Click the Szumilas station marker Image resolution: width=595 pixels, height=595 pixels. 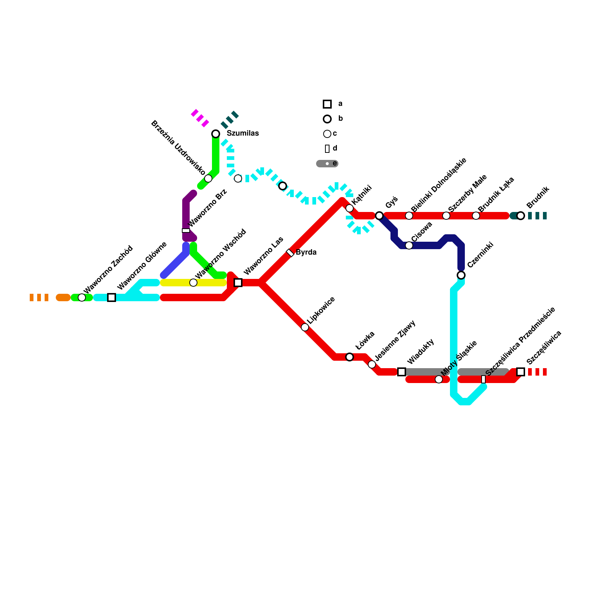tap(216, 134)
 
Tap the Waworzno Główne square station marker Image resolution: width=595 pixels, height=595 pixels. tap(112, 297)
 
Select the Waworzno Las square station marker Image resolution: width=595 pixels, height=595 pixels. tap(238, 283)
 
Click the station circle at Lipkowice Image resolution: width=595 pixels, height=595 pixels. tap(305, 327)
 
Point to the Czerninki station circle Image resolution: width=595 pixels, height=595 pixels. tap(461, 275)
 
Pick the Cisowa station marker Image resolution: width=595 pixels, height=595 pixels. tap(409, 245)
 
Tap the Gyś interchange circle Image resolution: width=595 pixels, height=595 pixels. tap(379, 216)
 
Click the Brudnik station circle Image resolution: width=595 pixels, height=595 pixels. tap(521, 216)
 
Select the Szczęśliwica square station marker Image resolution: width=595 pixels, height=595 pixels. tap(521, 372)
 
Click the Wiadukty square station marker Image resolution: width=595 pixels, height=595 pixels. tap(402, 372)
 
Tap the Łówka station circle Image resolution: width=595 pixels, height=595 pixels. tap(350, 357)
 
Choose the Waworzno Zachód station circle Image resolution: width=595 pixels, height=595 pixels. tap(82, 297)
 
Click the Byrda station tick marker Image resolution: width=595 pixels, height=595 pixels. tap(290, 253)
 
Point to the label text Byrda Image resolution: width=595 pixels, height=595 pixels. tap(306, 253)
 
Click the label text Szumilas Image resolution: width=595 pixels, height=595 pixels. tap(242, 134)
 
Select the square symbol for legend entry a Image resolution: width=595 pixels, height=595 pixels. tap(327, 104)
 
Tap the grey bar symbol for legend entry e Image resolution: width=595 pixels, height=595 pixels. tap(327, 164)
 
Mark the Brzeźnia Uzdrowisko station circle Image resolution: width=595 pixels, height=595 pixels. tap(208, 178)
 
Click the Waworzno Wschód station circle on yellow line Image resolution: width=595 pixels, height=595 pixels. tap(193, 283)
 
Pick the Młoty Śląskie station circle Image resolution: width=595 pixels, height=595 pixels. tap(439, 379)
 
